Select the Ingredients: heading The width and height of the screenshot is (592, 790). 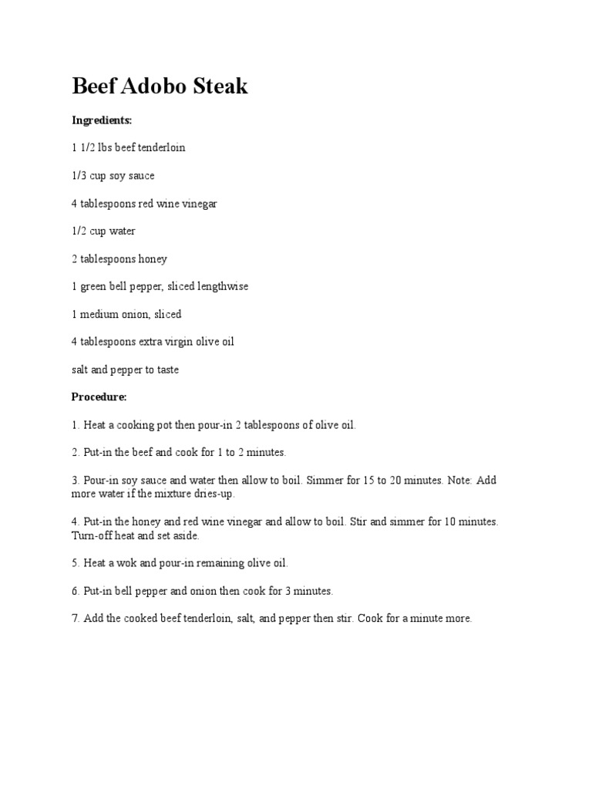click(102, 120)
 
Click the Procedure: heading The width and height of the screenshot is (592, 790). click(99, 397)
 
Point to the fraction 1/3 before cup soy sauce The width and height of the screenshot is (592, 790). click(79, 176)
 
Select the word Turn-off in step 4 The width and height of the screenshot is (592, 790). click(92, 535)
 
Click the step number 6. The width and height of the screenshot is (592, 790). click(76, 592)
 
